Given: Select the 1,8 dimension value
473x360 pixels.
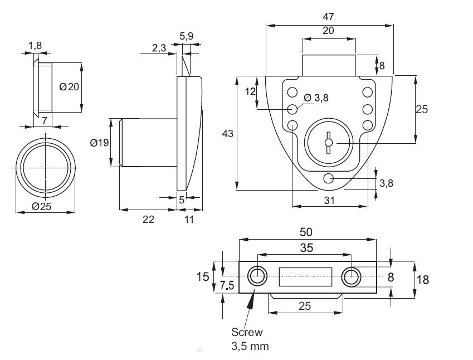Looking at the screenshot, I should [x=35, y=45].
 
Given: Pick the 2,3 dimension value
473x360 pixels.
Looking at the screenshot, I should [x=159, y=48].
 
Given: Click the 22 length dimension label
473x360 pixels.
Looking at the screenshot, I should [x=148, y=220].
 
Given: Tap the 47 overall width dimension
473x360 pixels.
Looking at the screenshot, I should [x=329, y=17].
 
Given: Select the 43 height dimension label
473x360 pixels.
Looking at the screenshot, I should [x=227, y=134].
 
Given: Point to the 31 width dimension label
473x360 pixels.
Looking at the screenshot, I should [x=329, y=201].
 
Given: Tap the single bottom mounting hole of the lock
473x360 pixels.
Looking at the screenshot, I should [x=329, y=178].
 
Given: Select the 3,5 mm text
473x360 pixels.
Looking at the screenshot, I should [x=250, y=346].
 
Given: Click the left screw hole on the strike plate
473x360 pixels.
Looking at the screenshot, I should [x=257, y=276].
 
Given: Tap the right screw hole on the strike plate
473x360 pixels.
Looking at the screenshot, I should [x=352, y=276].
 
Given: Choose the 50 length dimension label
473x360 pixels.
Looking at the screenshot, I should [x=306, y=232].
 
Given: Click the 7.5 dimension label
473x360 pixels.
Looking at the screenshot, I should [x=227, y=285].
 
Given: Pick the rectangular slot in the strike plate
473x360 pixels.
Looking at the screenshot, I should [x=305, y=276].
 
